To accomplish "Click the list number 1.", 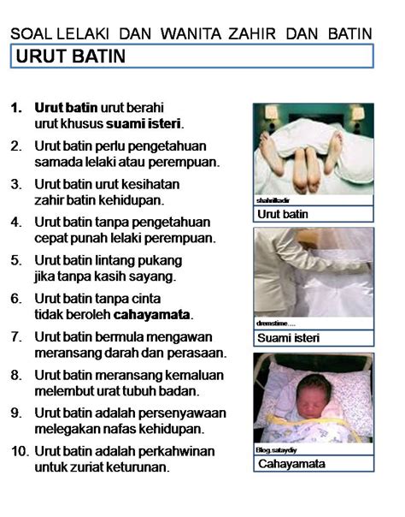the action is tap(16, 109).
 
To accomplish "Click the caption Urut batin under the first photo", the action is tap(283, 214).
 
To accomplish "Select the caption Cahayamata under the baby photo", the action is tap(291, 464).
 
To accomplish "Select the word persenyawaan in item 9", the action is tap(172, 413).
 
